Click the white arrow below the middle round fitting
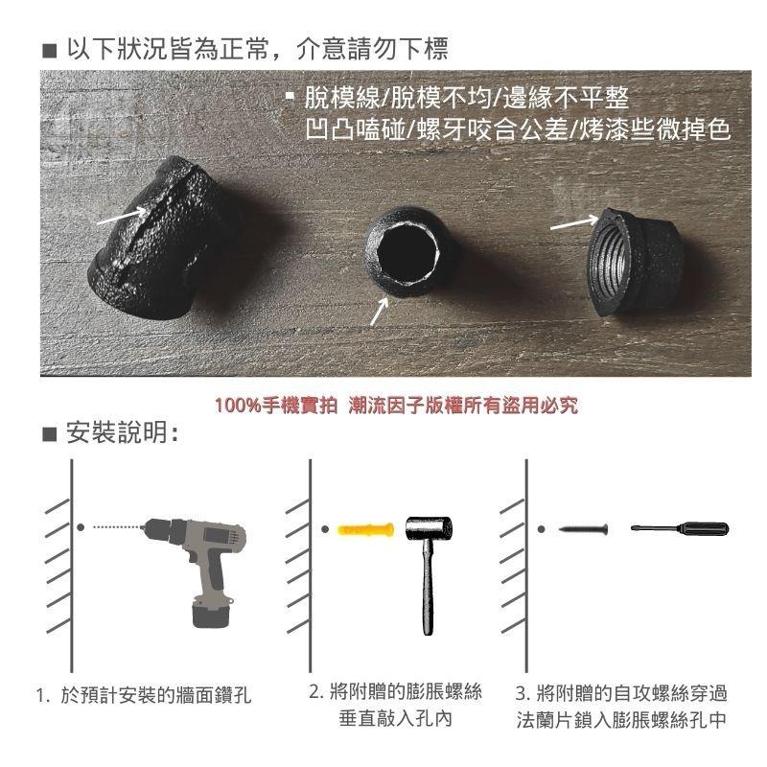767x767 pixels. (x=380, y=312)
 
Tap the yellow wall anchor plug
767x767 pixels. (x=364, y=529)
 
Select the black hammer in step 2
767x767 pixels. (x=428, y=566)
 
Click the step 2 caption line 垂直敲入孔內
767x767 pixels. (x=395, y=718)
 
